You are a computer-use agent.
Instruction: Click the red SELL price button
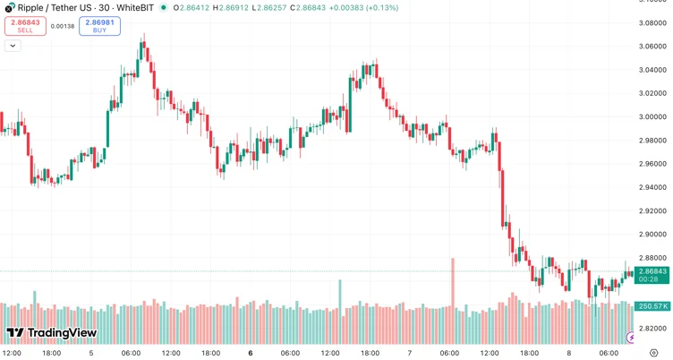[x=24, y=25]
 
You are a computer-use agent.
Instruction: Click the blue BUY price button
[x=99, y=25]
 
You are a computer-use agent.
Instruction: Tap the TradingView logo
[x=51, y=333]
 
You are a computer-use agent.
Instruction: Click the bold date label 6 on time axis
[x=250, y=353]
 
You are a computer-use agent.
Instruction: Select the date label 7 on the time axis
[x=409, y=353]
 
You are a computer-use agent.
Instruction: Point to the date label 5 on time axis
[x=91, y=353]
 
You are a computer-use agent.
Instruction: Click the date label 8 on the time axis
[x=568, y=353]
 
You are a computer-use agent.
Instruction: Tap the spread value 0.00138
[x=63, y=26]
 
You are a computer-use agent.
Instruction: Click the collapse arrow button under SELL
[x=13, y=44]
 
